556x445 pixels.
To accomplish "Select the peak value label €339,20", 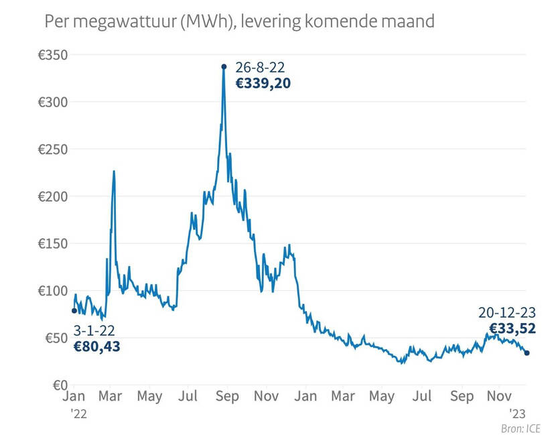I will [x=263, y=84].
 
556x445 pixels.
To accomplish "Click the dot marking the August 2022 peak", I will [x=224, y=66].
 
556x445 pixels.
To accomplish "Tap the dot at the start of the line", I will [x=74, y=310].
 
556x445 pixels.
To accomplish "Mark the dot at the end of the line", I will [x=527, y=353].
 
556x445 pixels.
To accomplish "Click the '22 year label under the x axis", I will [x=78, y=414].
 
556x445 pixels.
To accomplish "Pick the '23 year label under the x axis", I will [x=517, y=413].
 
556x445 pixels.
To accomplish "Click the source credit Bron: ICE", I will [x=520, y=429].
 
